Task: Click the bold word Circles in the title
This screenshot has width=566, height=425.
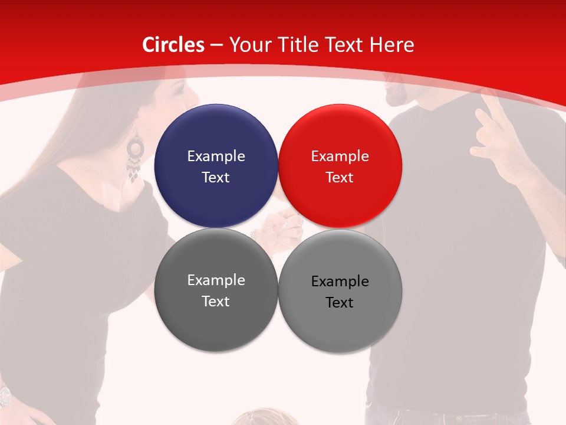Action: point(173,45)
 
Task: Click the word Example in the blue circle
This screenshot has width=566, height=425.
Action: point(216,156)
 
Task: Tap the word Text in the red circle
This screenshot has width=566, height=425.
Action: point(340,178)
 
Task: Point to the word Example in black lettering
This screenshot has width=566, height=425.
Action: point(340,282)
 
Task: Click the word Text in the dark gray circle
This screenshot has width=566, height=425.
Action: point(216,302)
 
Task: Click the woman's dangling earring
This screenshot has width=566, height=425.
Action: point(135,158)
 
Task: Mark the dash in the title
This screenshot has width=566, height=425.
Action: point(216,45)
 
